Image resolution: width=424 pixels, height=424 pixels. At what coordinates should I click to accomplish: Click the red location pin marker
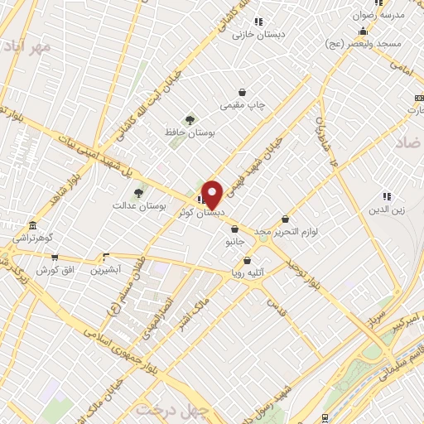point(213,195)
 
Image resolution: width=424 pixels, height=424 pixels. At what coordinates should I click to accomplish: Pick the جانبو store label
point(235,243)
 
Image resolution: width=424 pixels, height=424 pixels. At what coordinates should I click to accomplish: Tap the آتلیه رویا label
point(248,272)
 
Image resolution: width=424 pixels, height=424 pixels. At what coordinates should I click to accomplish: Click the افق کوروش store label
point(55,271)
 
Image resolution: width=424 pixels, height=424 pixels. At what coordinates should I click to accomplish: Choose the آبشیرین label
point(105,270)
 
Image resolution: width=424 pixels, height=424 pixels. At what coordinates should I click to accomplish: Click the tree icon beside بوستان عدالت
point(138,193)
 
